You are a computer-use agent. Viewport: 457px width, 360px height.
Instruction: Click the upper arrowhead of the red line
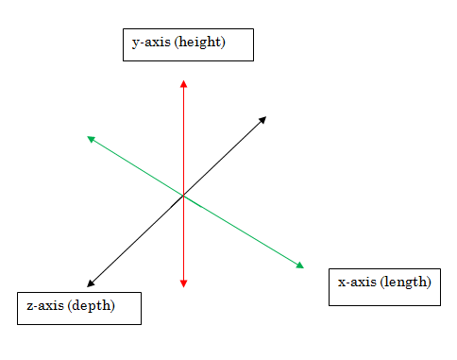coord(183,84)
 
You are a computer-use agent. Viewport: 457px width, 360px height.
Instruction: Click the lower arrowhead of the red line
coord(183,283)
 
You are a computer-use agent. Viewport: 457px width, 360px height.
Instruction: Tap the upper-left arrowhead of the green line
coord(91,139)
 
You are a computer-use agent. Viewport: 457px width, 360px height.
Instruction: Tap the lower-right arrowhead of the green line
coord(300,266)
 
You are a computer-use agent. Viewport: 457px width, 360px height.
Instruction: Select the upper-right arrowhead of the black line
coord(262,119)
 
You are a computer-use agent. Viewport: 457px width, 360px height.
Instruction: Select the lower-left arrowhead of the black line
coord(90,283)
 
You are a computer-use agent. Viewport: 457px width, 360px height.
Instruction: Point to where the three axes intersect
coord(183,197)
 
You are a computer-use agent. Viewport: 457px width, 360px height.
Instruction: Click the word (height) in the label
coord(199,43)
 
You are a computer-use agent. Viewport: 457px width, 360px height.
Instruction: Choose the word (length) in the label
coord(406,282)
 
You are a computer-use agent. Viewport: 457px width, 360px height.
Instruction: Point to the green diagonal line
coord(245,233)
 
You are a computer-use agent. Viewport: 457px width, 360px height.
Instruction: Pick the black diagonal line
coord(227,154)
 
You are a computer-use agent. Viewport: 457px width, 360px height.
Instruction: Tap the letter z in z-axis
coord(29,306)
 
